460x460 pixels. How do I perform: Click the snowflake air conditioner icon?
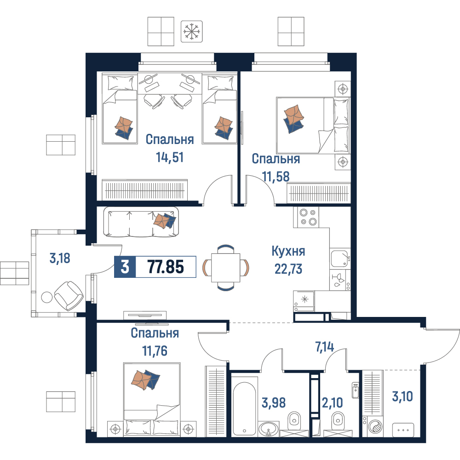click(191, 31)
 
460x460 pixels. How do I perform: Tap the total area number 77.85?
click(166, 267)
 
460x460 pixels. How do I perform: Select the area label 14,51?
click(170, 157)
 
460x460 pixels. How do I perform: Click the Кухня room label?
click(288, 251)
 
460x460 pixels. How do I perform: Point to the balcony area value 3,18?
click(60, 259)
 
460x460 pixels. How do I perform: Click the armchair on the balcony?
click(69, 296)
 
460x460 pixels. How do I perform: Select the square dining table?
click(225, 268)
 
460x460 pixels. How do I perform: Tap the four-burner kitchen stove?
click(306, 217)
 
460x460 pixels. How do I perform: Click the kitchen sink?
click(340, 259)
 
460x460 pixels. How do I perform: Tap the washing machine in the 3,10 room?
click(373, 426)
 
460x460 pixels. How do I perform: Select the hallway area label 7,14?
click(324, 347)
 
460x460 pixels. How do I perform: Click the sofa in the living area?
click(141, 222)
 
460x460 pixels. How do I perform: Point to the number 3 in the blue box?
click(125, 267)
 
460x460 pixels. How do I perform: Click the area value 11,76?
click(155, 351)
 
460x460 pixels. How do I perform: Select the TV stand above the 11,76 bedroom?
click(145, 316)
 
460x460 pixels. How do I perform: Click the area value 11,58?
click(276, 177)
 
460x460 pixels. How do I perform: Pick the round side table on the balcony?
click(46, 297)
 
